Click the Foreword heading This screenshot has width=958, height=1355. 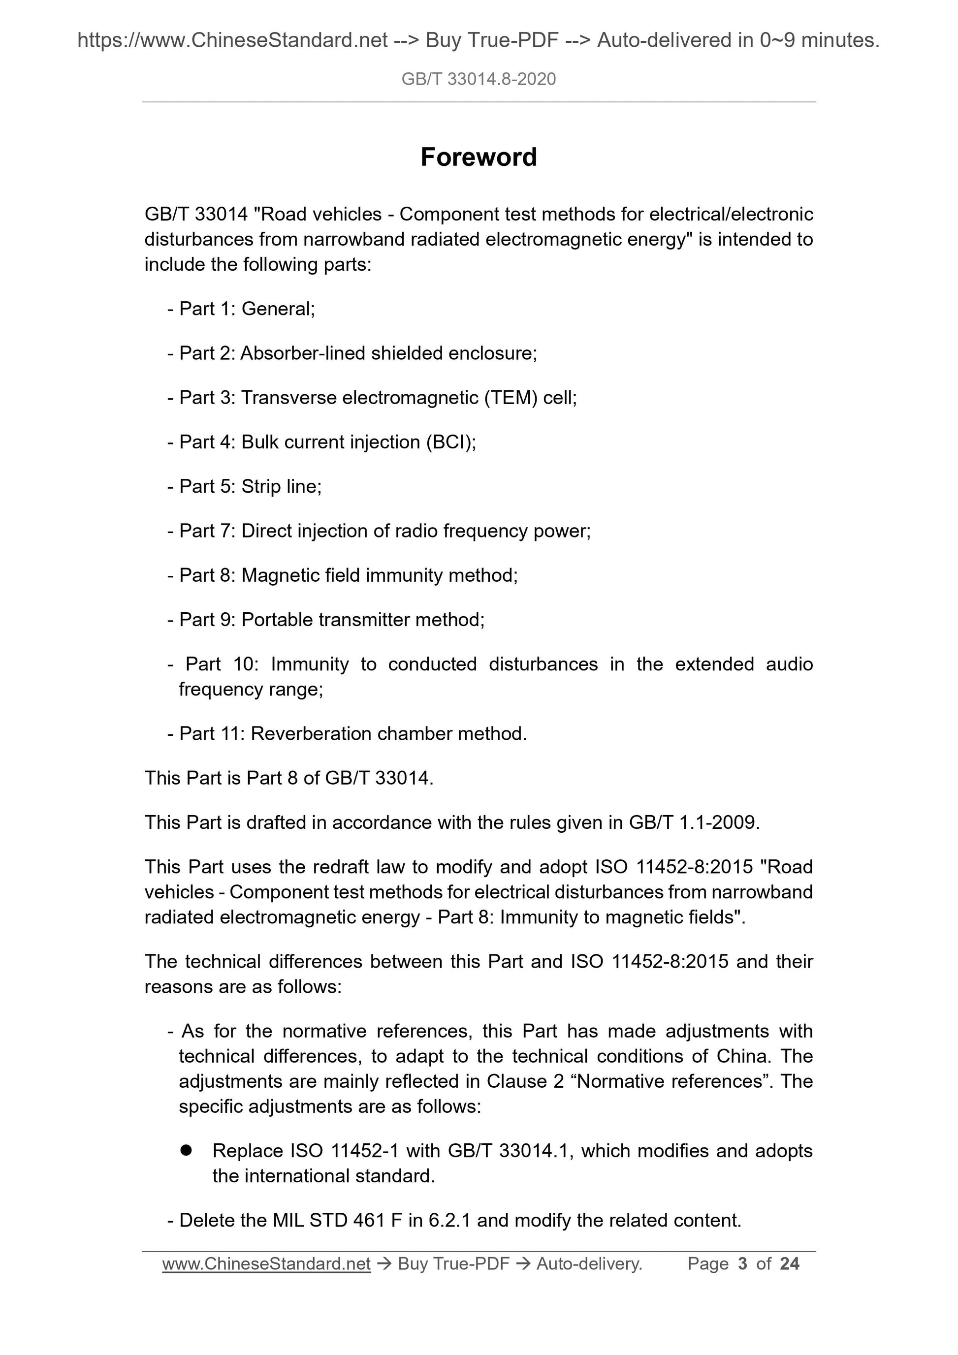(478, 158)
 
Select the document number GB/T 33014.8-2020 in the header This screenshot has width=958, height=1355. (478, 79)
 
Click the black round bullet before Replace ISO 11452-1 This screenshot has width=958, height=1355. (187, 1150)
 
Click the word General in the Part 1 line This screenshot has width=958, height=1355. (278, 309)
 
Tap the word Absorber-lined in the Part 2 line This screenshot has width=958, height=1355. (303, 353)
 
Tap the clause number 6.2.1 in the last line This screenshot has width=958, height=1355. (449, 1220)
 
